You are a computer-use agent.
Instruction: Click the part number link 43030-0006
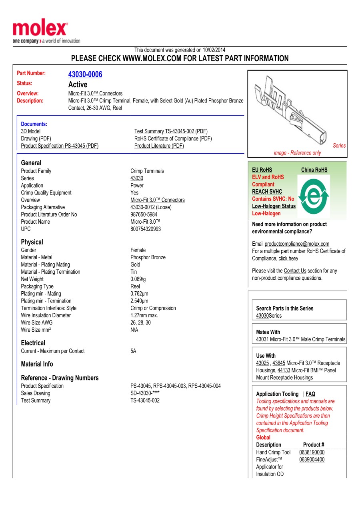(85, 74)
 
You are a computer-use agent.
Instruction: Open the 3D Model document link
(31, 131)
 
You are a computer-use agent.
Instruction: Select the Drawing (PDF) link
(36, 138)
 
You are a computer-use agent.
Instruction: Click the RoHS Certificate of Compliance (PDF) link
(173, 138)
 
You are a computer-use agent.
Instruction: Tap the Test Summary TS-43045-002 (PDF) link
(171, 131)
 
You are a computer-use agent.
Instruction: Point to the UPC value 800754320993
(146, 229)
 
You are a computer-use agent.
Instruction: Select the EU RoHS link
(262, 170)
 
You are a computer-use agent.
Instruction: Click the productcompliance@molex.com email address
(297, 244)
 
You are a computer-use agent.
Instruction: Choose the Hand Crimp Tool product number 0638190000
(312, 452)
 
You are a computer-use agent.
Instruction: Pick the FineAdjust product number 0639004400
(312, 459)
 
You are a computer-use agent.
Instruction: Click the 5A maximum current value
(133, 351)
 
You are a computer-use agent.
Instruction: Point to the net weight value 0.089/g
(138, 279)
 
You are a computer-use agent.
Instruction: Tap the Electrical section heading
(33, 343)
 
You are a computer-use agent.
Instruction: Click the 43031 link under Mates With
(262, 339)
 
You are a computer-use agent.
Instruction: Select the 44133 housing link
(284, 370)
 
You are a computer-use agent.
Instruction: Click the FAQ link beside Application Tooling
(310, 394)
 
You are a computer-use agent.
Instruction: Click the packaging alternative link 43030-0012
(142, 207)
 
